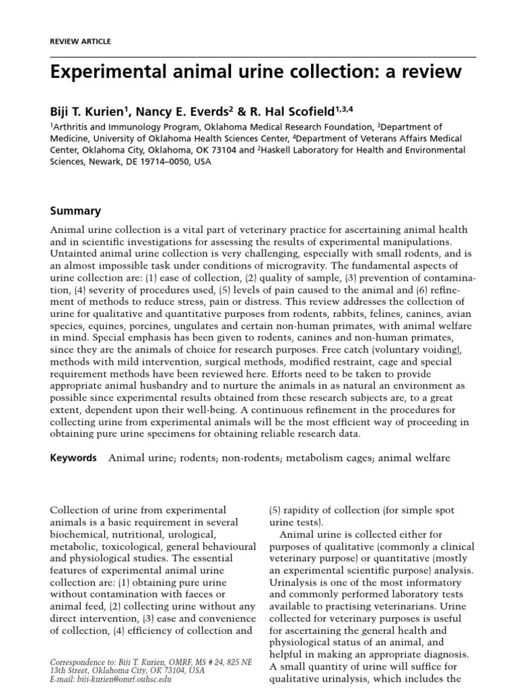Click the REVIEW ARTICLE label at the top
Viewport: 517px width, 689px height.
81,42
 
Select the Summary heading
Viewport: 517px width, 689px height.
75,211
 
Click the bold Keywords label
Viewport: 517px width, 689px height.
73,458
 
